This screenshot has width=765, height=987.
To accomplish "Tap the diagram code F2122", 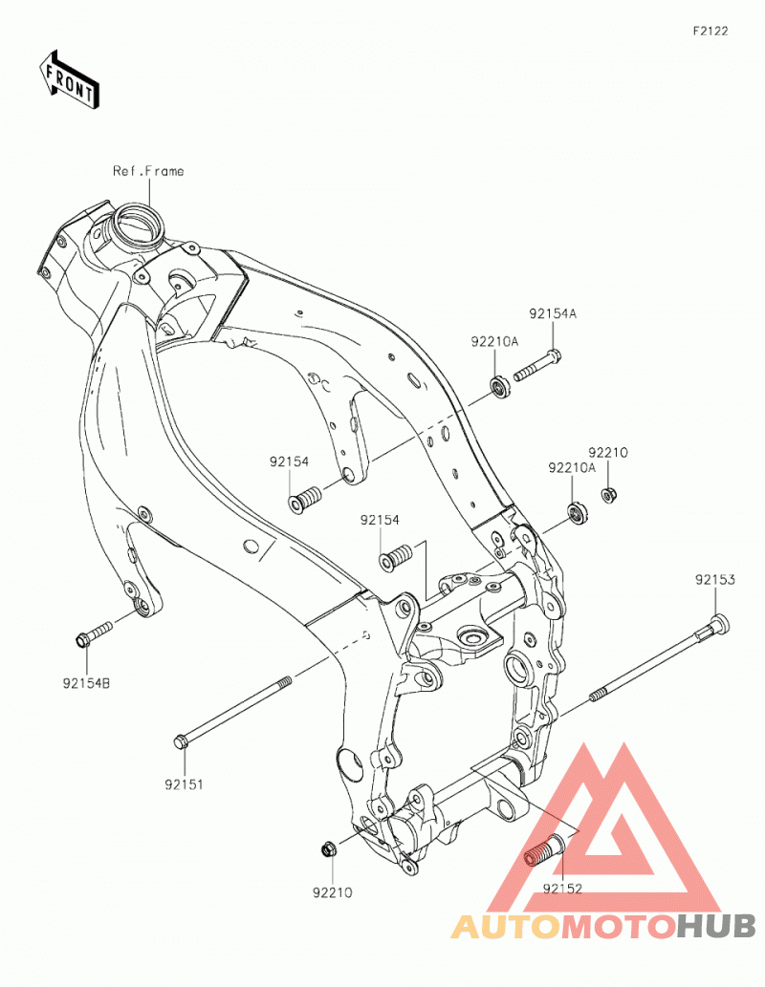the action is coord(710,31).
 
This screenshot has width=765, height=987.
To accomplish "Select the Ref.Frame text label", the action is coord(148,171).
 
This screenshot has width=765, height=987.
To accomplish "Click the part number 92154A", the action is coord(553,313).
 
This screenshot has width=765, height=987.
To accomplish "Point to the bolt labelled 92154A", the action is coord(537,366).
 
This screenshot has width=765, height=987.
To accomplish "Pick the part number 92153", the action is coord(715,579).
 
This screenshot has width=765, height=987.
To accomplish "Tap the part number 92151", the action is coord(184,784).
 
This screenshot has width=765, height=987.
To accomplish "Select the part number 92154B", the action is coord(86,682).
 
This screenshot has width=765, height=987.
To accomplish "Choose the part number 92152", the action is coord(562,889).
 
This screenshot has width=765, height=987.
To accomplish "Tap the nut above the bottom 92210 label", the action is coord(328,849).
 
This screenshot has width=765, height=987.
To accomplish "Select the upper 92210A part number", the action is coord(494,341).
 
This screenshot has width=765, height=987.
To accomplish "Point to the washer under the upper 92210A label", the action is coord(500,387).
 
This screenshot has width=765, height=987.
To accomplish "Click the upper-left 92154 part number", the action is coord(289,461).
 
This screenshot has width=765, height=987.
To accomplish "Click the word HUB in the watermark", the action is coord(716,926).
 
